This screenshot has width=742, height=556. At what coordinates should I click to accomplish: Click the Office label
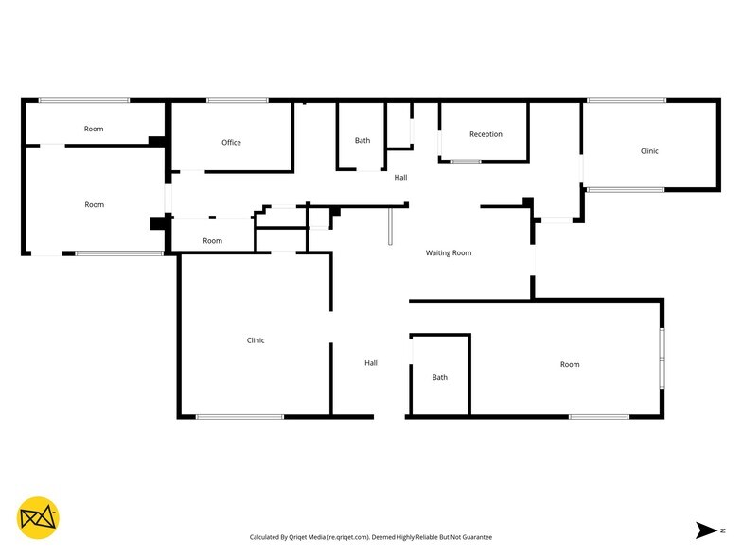pos(231,143)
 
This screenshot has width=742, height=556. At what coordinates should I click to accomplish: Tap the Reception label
pos(486,134)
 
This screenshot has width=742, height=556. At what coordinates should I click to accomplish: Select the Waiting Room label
pos(448,252)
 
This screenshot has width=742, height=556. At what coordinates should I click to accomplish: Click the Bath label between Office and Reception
pos(362,141)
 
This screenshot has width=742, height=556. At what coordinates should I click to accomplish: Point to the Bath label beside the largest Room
pos(439,377)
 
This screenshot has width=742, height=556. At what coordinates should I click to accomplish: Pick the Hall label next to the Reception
pos(401,178)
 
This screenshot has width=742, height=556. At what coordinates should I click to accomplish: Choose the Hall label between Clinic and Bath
pos(371,362)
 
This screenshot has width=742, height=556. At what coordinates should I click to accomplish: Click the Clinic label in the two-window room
pos(649,151)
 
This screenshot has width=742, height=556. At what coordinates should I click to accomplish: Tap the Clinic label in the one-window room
pos(256,340)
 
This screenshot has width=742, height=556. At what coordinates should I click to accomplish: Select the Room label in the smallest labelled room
pos(213,241)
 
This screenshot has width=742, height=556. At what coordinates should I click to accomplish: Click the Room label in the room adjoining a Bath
pos(569,364)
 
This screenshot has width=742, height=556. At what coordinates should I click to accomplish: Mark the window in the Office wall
pos(237,100)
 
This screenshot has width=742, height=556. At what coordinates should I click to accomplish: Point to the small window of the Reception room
pos(466,162)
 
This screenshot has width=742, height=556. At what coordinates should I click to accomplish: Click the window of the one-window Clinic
pos(239,416)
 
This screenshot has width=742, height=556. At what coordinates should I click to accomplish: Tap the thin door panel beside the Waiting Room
pos(390,228)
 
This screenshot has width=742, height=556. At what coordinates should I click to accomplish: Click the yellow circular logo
pos(39,517)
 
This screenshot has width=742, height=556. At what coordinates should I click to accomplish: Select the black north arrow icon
pos(706,530)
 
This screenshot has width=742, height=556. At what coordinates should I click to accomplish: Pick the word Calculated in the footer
pos(268,537)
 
